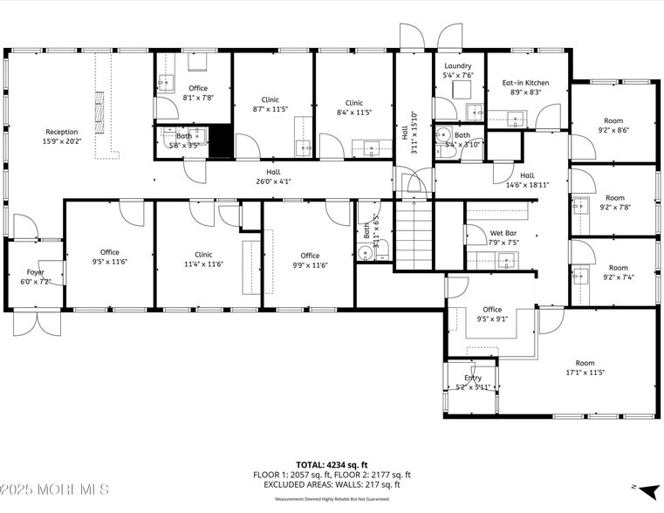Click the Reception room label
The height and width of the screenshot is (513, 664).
[x=62, y=132]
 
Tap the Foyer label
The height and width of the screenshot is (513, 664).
[x=35, y=272]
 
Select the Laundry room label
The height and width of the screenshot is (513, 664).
[x=457, y=66]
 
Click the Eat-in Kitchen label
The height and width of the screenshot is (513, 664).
[x=524, y=83]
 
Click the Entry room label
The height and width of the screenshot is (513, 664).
[x=473, y=378]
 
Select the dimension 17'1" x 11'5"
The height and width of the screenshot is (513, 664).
[x=584, y=373]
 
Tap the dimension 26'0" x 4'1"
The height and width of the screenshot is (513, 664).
[x=273, y=181]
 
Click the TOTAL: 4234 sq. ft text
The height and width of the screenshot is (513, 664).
[x=332, y=464]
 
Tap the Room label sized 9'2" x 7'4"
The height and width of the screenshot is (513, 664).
[x=618, y=268]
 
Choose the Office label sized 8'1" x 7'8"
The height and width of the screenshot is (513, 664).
[x=198, y=88]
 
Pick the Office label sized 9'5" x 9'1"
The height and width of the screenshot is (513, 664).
[x=492, y=310]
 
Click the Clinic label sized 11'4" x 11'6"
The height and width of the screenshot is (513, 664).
[x=203, y=254]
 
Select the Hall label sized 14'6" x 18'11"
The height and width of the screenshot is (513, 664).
[x=527, y=175]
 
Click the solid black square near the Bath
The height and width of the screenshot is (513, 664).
[x=221, y=141]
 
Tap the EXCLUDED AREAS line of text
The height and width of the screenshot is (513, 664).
[x=332, y=484]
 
